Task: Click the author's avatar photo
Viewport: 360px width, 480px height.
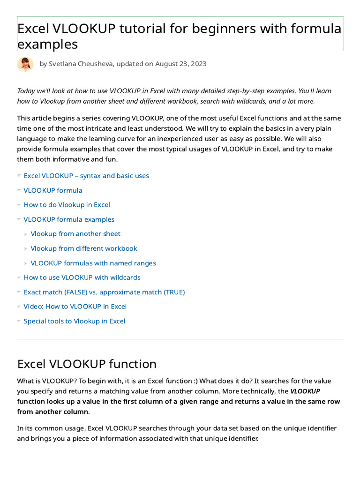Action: point(25,64)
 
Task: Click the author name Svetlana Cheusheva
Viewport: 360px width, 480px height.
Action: point(81,64)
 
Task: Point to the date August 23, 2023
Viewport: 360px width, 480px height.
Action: point(181,64)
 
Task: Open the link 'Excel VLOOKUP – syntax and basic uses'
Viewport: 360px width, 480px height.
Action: point(86,176)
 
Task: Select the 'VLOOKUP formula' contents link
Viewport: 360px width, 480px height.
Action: point(53,190)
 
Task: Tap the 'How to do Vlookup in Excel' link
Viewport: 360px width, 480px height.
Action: point(67,205)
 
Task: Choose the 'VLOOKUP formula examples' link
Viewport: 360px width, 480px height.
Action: point(69,219)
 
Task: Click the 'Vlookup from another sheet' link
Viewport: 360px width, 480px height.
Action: point(75,234)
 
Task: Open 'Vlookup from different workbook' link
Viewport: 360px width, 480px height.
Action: point(84,248)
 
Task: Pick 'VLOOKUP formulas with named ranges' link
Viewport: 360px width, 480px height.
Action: point(93,263)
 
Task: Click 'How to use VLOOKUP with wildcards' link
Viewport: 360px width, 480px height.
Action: point(82,277)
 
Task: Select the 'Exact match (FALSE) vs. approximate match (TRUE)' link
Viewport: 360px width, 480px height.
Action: point(104,292)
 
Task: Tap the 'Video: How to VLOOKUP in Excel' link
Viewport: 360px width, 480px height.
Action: point(75,307)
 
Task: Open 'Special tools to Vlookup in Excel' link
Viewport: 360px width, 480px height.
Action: point(75,321)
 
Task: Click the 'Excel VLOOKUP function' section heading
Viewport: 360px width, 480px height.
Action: point(87,364)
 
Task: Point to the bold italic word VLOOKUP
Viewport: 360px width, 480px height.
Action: point(305,391)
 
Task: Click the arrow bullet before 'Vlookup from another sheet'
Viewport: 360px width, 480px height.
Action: point(26,234)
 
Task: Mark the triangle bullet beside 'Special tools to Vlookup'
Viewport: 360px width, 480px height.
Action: point(19,321)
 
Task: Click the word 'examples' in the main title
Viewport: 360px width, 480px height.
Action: point(47,45)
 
